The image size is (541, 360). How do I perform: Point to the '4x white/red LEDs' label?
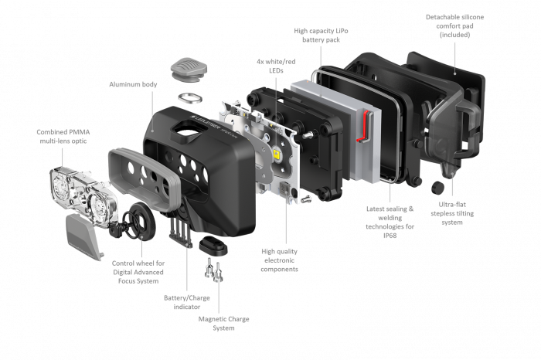tap(259, 65)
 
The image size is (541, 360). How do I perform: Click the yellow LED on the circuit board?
tap(274, 157)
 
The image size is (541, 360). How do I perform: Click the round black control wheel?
tap(139, 216)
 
